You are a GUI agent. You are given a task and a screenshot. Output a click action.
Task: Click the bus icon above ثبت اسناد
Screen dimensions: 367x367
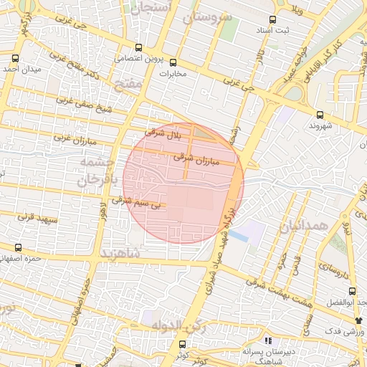(272, 20)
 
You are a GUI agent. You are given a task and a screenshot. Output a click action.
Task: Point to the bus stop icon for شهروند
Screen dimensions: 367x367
(319, 114)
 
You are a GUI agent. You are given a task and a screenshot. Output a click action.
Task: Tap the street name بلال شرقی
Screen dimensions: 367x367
(165, 133)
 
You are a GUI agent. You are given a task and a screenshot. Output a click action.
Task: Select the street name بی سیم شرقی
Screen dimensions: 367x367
(134, 201)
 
